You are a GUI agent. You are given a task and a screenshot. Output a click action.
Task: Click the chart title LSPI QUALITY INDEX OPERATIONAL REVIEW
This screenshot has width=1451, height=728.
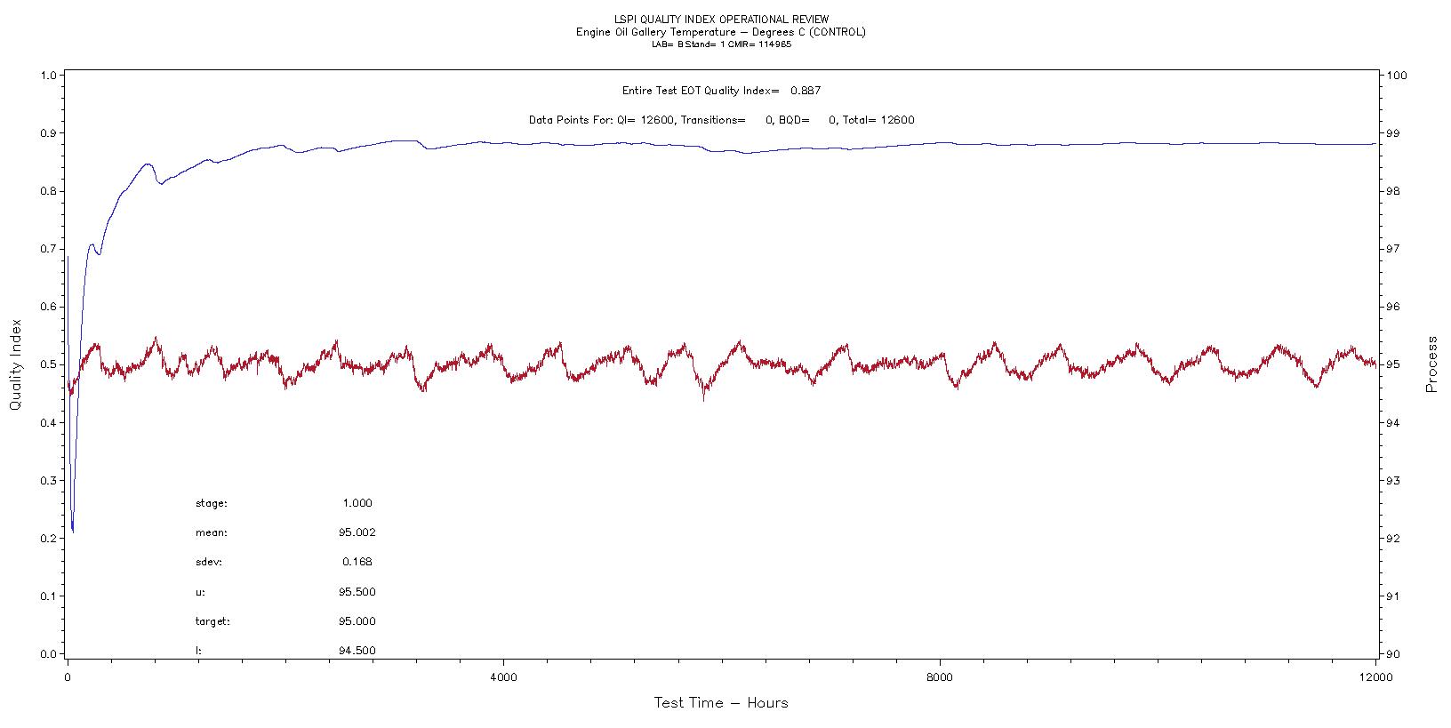[x=721, y=19]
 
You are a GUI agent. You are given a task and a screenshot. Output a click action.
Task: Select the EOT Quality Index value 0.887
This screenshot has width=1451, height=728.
[x=806, y=91]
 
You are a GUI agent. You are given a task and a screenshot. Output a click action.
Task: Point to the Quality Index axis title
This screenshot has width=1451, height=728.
[x=15, y=364]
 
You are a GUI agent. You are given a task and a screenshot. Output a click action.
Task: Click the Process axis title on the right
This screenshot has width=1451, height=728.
[x=1431, y=364]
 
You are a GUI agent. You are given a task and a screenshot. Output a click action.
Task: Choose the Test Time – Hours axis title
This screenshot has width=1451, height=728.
[x=721, y=703]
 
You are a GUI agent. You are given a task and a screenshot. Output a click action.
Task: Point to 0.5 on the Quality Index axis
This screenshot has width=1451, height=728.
[x=46, y=364]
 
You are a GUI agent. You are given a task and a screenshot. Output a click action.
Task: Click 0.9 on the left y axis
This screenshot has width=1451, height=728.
[x=46, y=133]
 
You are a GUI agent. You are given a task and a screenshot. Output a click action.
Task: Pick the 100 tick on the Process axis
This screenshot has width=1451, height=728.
[x=1396, y=76]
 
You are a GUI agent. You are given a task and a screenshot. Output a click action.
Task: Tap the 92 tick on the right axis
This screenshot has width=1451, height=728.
[x=1393, y=539]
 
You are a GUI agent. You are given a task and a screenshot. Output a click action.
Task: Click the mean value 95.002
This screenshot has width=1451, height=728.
[x=357, y=533]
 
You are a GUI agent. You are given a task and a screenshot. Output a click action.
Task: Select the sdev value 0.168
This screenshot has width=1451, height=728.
[x=357, y=562]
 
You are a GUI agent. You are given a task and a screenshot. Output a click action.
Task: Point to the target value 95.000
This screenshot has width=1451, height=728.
[x=357, y=621]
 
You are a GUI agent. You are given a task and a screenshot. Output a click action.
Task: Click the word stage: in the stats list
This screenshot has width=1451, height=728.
[x=212, y=503]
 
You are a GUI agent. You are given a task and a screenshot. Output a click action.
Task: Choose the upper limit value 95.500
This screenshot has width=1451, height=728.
[x=357, y=592]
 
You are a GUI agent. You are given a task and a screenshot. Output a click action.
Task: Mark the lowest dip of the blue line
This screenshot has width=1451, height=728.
[x=73, y=531]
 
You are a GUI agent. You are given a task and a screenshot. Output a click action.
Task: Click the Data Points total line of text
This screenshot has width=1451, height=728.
[x=721, y=120]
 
